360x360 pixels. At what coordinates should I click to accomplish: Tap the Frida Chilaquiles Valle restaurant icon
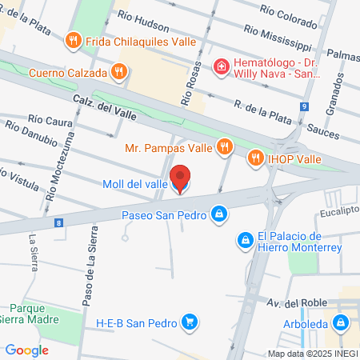(74, 38)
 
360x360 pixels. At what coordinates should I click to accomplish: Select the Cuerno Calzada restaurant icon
(119, 72)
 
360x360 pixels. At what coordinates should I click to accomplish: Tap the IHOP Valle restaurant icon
(256, 158)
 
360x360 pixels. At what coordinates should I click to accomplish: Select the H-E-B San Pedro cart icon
(190, 322)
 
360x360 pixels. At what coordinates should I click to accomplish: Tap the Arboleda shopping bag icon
(342, 323)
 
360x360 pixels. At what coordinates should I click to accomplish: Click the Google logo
(26, 350)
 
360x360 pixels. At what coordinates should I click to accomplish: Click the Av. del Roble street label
(293, 302)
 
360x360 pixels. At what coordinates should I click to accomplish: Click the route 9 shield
(305, 106)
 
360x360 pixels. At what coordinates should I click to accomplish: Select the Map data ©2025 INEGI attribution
(311, 353)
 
